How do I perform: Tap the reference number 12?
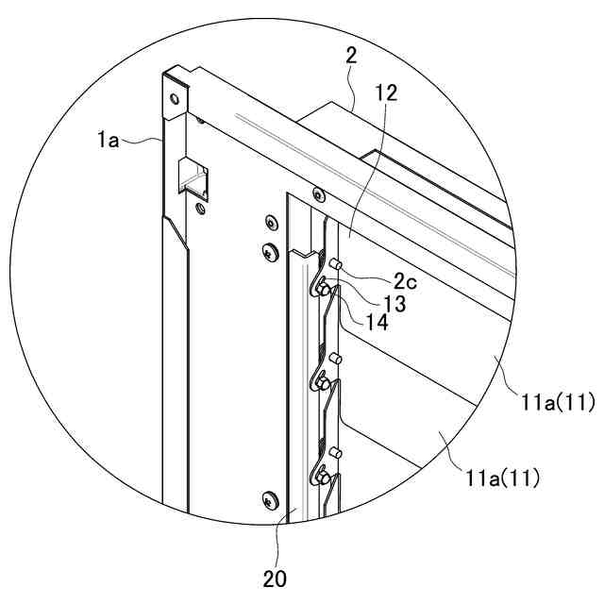click(385, 92)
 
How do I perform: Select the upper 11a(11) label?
click(555, 402)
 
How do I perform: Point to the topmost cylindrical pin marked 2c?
click(333, 264)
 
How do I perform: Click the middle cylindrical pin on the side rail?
click(334, 359)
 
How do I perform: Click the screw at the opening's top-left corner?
click(318, 195)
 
